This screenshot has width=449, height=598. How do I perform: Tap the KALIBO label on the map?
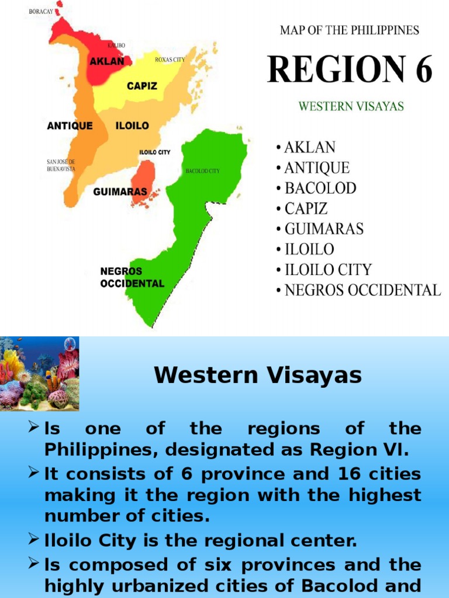(116, 45)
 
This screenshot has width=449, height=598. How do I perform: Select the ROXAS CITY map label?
(170, 60)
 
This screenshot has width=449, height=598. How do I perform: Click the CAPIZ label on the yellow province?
(142, 86)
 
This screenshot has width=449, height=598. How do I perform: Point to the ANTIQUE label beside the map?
(70, 126)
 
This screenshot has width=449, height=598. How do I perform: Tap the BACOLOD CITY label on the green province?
(202, 171)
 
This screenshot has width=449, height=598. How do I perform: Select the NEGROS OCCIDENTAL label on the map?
(132, 277)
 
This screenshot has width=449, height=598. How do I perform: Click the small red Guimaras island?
(143, 182)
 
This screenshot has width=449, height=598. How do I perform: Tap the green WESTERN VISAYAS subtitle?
(351, 107)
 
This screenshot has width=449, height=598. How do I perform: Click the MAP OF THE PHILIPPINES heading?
(350, 30)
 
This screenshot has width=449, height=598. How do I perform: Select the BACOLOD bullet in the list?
(320, 189)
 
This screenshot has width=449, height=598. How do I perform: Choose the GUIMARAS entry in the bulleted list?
(323, 229)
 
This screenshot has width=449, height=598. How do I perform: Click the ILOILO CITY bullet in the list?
(327, 270)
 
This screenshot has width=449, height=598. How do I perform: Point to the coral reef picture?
(39, 373)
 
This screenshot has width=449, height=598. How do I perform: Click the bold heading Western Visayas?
(258, 376)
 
